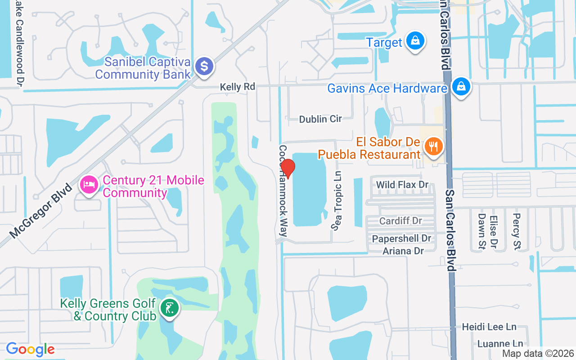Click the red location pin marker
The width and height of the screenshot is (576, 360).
click(x=287, y=169)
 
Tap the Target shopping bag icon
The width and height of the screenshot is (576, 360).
click(x=415, y=41)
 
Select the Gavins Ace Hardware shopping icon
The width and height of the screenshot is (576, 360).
click(x=461, y=86)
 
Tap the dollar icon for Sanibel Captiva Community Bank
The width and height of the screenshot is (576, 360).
click(x=204, y=67)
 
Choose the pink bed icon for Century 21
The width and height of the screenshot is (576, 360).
click(x=89, y=184)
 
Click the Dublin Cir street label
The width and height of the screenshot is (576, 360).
click(x=320, y=119)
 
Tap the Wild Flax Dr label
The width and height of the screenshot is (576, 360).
click(x=402, y=184)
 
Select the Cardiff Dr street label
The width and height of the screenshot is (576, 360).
click(x=400, y=221)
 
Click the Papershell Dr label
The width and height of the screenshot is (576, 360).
click(x=401, y=238)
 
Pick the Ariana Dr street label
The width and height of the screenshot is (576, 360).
click(x=403, y=251)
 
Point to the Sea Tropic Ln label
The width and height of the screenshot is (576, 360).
click(x=337, y=201)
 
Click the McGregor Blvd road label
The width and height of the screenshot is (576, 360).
click(x=40, y=210)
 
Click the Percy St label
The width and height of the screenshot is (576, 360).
click(x=517, y=231)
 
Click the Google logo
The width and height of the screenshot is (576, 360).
click(x=30, y=349)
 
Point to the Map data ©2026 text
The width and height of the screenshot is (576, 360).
click(x=538, y=354)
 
